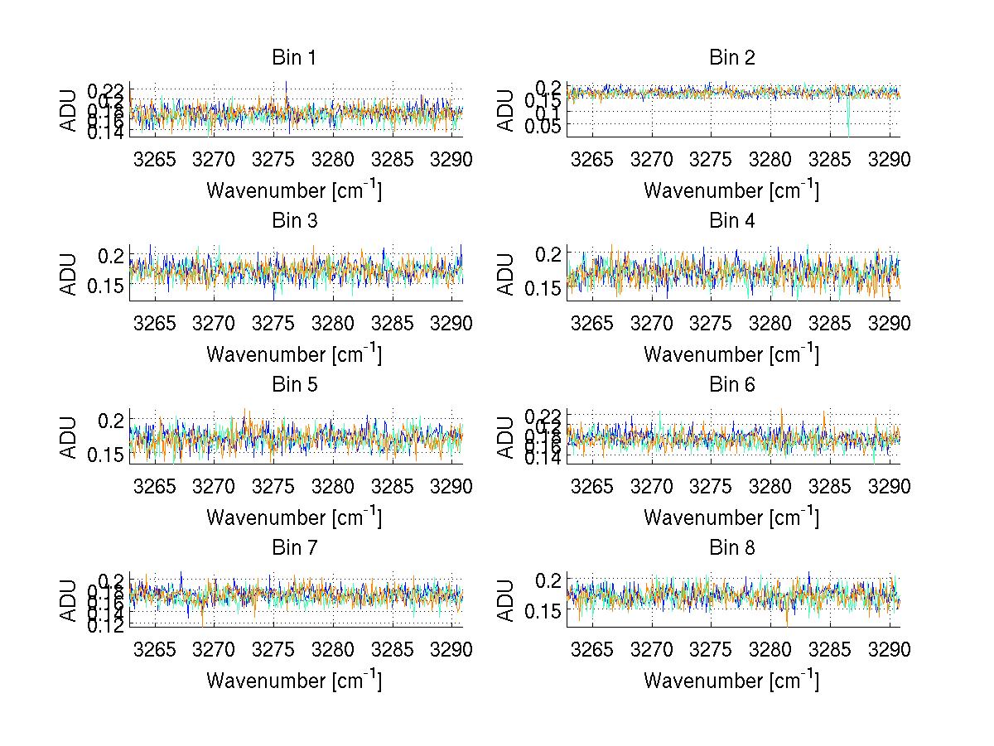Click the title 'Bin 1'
pos(294,58)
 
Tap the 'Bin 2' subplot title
pos(731,58)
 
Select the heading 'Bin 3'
pos(294,221)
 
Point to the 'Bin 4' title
pos(731,221)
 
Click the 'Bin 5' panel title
pos(294,385)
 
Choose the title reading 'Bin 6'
pos(731,385)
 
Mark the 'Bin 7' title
pos(294,548)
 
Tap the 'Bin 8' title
pos(731,548)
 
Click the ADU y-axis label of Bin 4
pos(505,273)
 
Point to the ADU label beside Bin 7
pos(68,600)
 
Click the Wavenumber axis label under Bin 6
pos(731,517)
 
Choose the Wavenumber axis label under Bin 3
pos(294,354)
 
